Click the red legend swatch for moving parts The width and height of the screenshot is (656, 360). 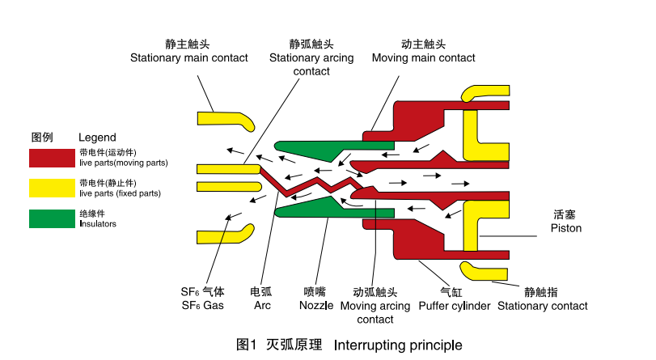pyautogui.click(x=52, y=157)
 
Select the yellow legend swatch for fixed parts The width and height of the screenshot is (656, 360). pyautogui.click(x=52, y=188)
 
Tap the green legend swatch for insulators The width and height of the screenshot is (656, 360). pyautogui.click(x=52, y=218)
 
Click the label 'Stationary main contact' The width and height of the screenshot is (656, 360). pyautogui.click(x=188, y=58)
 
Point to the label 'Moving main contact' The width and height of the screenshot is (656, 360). pyautogui.click(x=423, y=58)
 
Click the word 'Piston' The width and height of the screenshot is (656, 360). pyautogui.click(x=565, y=229)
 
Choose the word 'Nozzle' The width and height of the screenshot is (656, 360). pyautogui.click(x=316, y=306)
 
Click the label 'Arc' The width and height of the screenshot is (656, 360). pyautogui.click(x=261, y=306)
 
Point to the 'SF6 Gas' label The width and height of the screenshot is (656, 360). pyautogui.click(x=202, y=306)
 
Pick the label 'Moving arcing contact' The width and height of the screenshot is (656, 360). pyautogui.click(x=375, y=306)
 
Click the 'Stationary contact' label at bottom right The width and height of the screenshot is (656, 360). pyautogui.click(x=542, y=306)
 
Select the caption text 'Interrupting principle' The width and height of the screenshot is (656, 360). pyautogui.click(x=398, y=345)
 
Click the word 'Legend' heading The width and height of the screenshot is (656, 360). pyautogui.click(x=97, y=137)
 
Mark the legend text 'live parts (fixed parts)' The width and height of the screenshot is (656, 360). pyautogui.click(x=120, y=193)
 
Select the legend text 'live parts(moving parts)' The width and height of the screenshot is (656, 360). pyautogui.click(x=123, y=163)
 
